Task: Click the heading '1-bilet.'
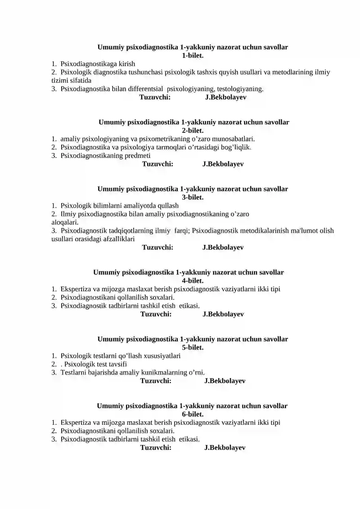[193, 55]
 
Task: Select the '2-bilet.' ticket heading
[193, 131]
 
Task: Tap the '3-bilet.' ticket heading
[193, 197]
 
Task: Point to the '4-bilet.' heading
[193, 281]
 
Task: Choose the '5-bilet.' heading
[193, 347]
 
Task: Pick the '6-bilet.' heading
[193, 414]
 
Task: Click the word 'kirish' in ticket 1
[126, 64]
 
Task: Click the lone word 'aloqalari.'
[65, 222]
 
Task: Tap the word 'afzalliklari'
[116, 239]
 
